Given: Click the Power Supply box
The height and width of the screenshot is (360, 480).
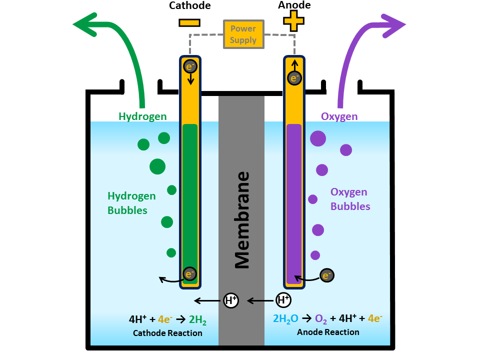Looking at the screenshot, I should (x=243, y=34).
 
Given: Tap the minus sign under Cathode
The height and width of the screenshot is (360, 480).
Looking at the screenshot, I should (x=189, y=22).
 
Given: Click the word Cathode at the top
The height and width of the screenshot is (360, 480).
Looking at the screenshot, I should (x=190, y=6).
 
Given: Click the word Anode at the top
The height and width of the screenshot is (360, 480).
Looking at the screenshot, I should (x=294, y=5).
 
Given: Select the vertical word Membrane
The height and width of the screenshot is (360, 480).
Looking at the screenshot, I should (x=242, y=220).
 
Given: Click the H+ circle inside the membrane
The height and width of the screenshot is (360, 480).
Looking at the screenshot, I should (x=230, y=300).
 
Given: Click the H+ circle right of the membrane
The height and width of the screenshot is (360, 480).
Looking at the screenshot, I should (x=283, y=300).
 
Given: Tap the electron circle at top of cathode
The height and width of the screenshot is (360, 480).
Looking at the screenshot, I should (x=190, y=66).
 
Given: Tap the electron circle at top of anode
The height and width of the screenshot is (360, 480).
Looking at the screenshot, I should (x=294, y=78).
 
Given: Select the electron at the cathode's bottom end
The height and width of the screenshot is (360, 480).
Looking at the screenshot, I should (x=189, y=273).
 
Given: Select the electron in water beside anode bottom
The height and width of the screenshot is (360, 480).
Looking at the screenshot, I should (x=326, y=275).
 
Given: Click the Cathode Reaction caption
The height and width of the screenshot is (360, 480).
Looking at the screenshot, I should (x=167, y=333).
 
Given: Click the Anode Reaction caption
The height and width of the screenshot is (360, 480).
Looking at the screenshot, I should (x=328, y=332).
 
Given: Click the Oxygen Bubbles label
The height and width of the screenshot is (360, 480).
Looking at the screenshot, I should (x=350, y=199).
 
